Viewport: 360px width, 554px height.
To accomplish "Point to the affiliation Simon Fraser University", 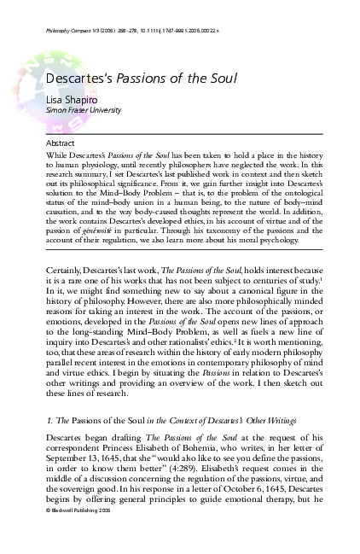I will pos(71,110).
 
